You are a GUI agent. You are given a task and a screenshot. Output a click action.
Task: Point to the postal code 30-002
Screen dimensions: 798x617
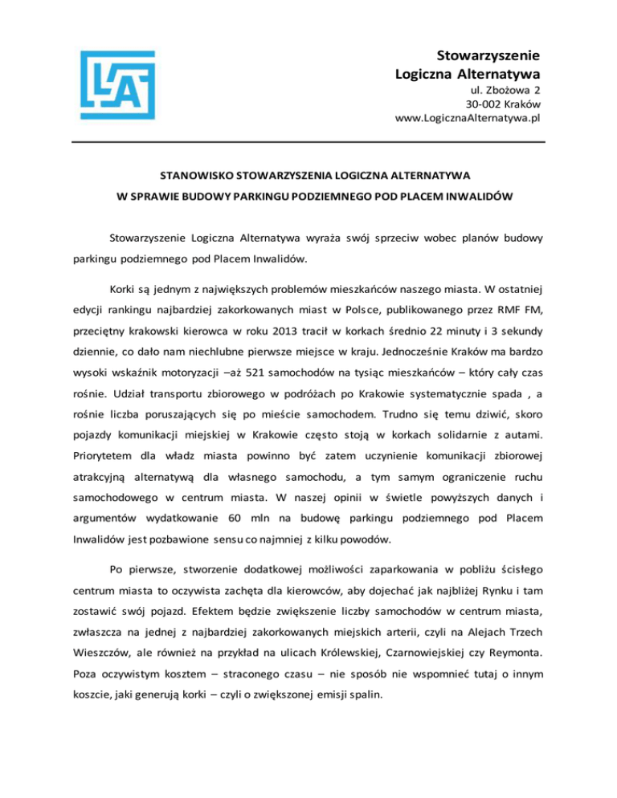click(x=483, y=104)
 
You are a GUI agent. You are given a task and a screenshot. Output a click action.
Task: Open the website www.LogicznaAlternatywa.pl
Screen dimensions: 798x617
click(x=468, y=117)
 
